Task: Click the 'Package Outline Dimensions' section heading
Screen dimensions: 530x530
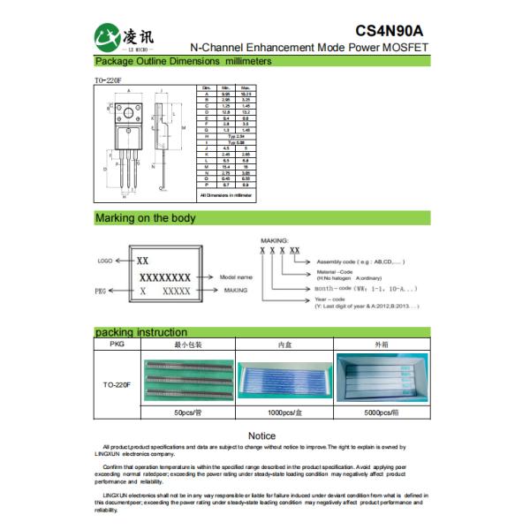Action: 183,62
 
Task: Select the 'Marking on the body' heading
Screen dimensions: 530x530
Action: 146,218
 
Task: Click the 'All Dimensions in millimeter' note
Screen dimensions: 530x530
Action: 225,194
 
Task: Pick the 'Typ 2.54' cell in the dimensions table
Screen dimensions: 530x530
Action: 235,137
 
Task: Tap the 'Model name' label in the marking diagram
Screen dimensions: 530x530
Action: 235,276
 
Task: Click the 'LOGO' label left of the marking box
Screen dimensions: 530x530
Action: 105,262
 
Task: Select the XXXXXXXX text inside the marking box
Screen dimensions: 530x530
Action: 165,277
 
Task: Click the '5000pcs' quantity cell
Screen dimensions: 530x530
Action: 381,413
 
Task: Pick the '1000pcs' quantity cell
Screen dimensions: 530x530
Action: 284,413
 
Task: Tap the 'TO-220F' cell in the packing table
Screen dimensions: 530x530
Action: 117,385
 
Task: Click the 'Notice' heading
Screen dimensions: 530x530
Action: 261,435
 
